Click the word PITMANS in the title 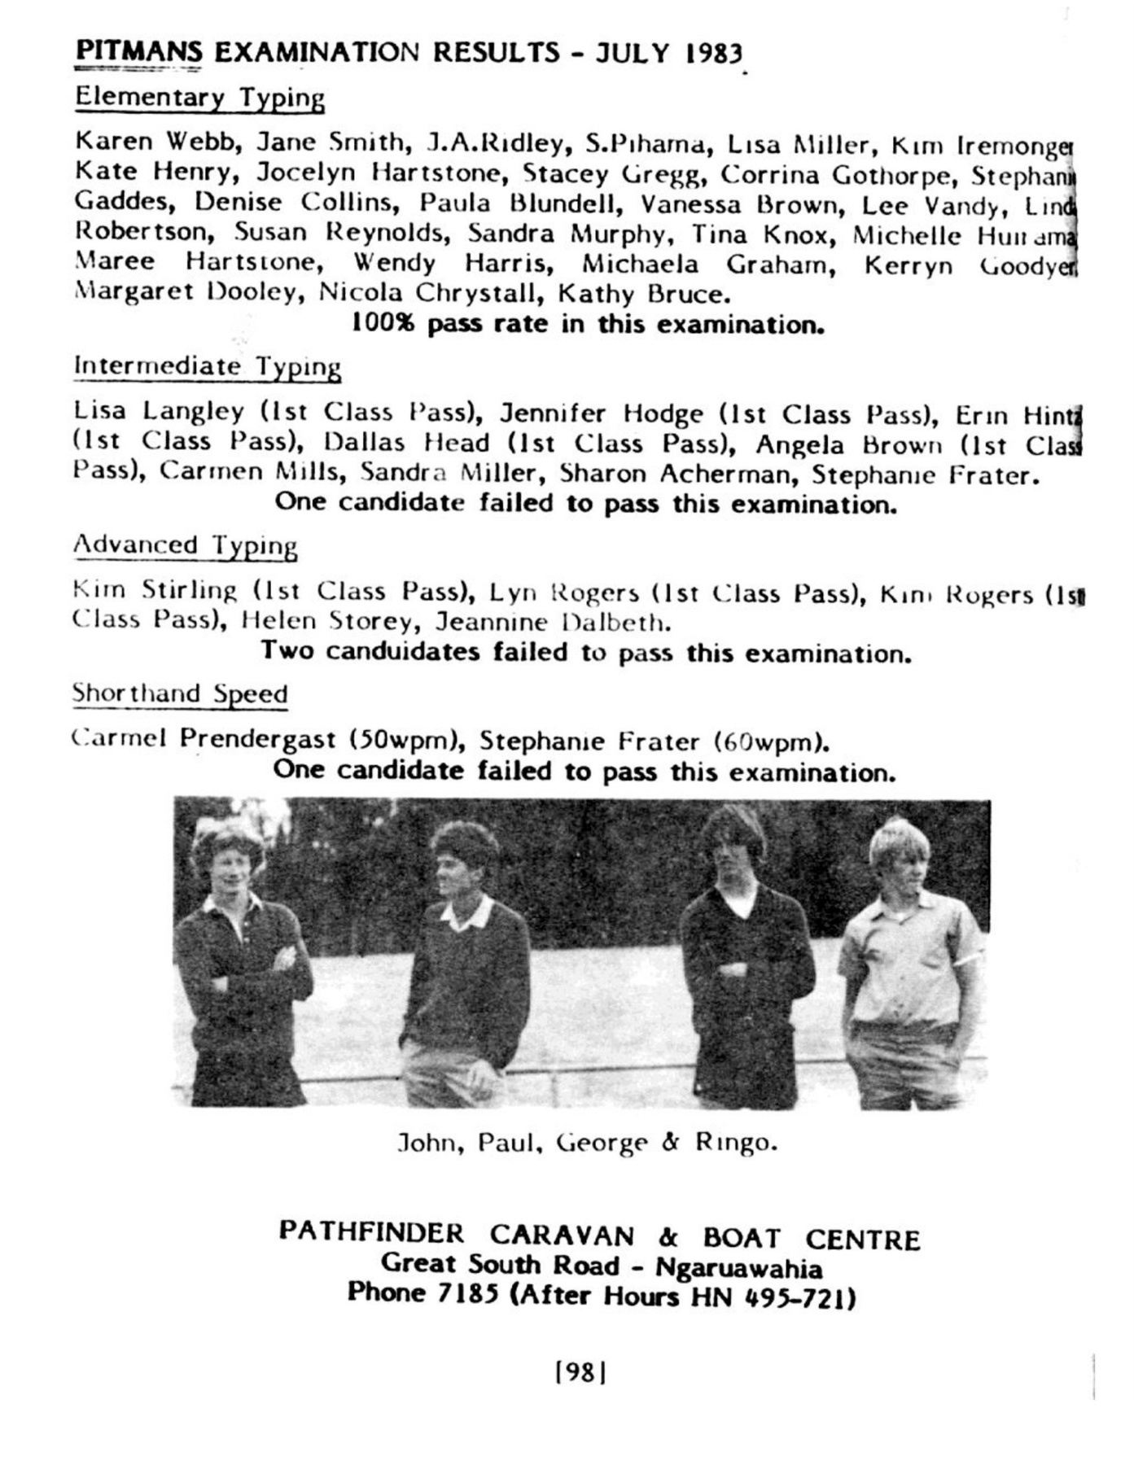pyautogui.click(x=138, y=51)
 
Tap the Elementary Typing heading pyautogui.click(x=199, y=98)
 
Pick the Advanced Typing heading pyautogui.click(x=185, y=545)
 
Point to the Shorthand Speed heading pyautogui.click(x=180, y=694)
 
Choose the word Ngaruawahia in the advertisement pyautogui.click(x=738, y=1267)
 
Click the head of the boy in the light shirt pyautogui.click(x=899, y=854)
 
